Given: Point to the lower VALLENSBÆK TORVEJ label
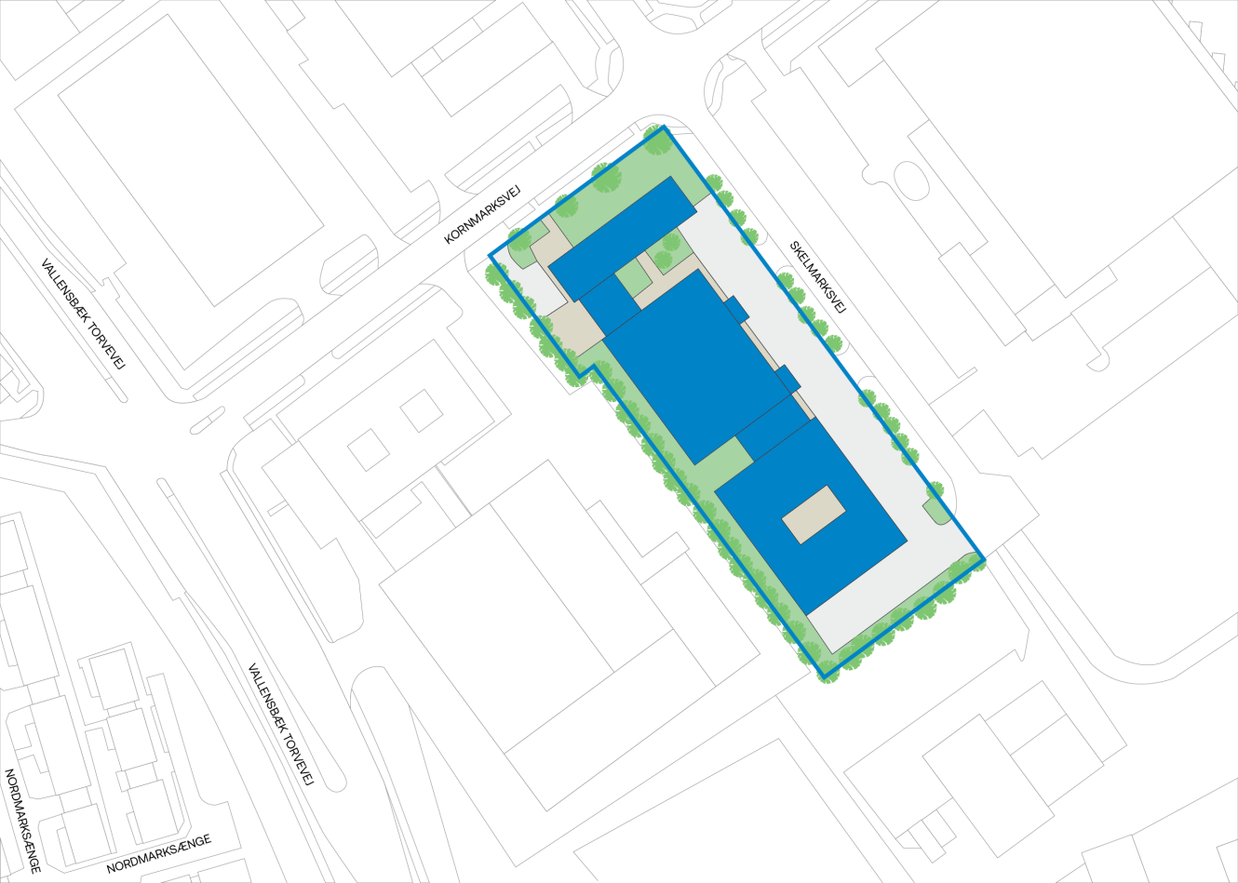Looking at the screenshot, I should (x=279, y=724).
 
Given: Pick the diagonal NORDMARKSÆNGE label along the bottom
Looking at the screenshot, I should (x=158, y=854).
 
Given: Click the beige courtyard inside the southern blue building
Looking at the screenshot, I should (x=814, y=514).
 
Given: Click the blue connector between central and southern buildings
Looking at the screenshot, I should (x=774, y=428).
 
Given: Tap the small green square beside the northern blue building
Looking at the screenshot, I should (x=634, y=277).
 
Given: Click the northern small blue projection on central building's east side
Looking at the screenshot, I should (x=735, y=309).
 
